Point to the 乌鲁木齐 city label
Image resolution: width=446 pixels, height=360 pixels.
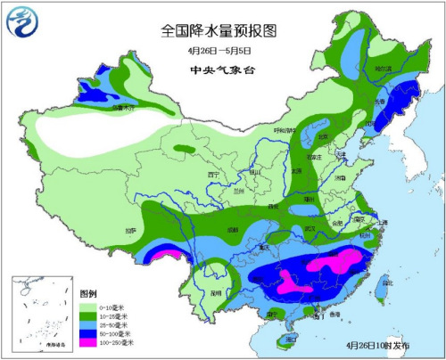126,108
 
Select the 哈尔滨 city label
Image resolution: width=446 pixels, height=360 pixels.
383,68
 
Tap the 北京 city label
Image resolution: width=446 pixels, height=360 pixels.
324,136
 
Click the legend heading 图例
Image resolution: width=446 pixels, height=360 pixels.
87,293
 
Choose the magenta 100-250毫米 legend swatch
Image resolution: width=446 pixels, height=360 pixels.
89,342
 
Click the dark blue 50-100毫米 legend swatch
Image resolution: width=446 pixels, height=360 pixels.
89,332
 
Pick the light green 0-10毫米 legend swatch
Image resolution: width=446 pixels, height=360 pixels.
89,306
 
